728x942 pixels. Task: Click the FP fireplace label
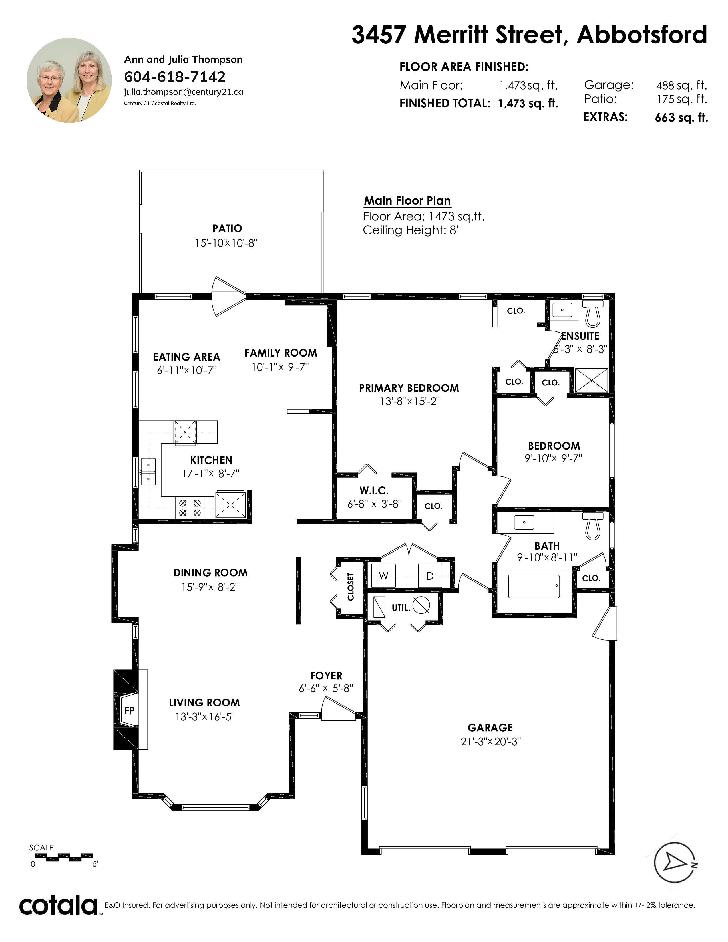click(129, 710)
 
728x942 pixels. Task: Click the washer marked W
click(383, 575)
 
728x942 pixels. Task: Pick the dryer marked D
click(430, 575)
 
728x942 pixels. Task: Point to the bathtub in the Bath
click(534, 586)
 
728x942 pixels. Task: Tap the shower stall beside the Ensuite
click(591, 380)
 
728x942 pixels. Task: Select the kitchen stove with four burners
click(190, 508)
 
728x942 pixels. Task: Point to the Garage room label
click(490, 728)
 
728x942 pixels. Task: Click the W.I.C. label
click(374, 490)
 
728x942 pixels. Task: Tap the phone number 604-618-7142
click(175, 77)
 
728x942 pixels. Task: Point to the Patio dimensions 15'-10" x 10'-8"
click(226, 243)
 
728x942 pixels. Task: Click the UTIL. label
click(401, 608)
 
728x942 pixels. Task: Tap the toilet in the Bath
click(593, 526)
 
